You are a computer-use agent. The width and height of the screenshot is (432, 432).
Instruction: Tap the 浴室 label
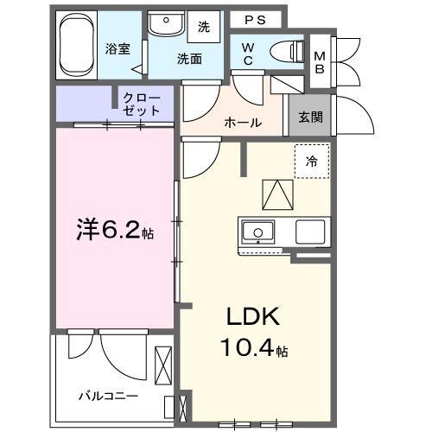click(119, 48)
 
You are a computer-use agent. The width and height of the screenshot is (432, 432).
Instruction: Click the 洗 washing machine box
click(204, 27)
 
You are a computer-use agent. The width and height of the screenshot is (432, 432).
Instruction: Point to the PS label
click(253, 18)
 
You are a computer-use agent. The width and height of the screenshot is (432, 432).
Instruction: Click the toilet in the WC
click(284, 50)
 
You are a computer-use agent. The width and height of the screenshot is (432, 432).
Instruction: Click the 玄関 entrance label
click(310, 118)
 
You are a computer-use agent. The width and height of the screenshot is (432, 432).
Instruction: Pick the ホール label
click(243, 123)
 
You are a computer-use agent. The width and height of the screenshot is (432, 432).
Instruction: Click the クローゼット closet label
click(141, 103)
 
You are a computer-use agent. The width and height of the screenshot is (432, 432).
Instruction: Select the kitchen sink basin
click(257, 232)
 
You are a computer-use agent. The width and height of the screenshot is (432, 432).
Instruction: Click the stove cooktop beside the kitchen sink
click(310, 232)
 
